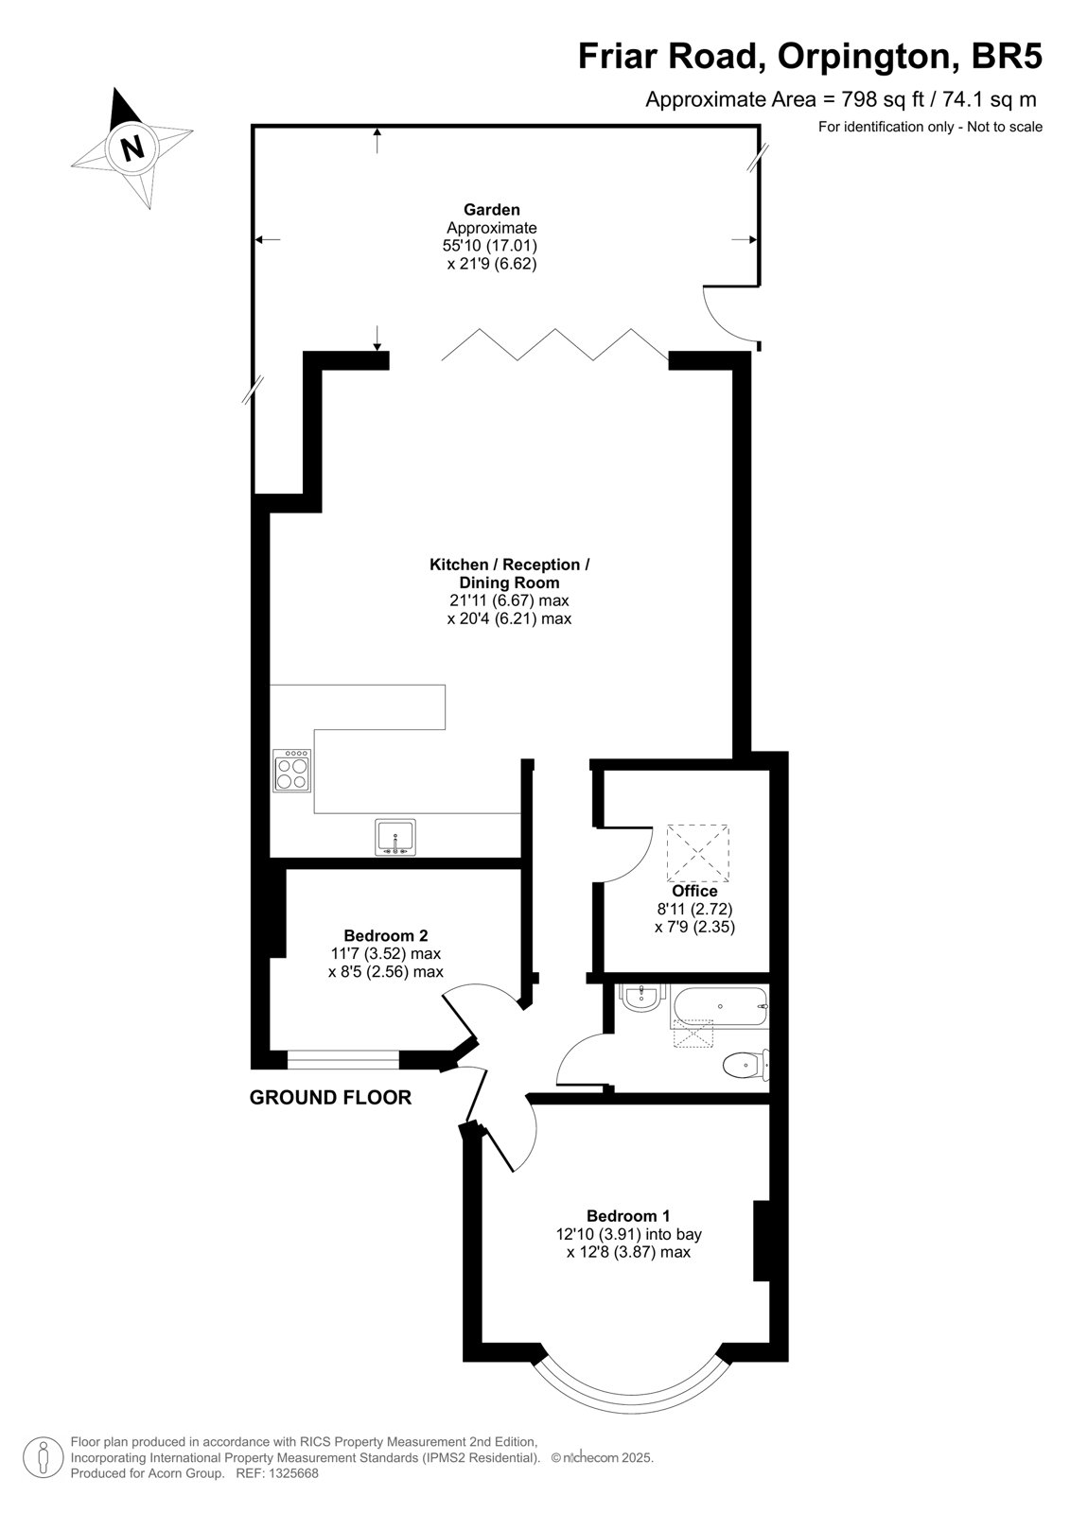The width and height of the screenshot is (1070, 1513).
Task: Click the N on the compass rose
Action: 133,147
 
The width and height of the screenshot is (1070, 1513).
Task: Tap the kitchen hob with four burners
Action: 292,770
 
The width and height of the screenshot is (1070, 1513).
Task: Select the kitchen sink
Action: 395,838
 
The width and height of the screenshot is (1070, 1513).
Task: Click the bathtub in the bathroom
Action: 719,1008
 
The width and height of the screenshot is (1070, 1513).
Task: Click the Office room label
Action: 694,891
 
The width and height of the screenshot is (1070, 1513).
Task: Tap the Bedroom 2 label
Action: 385,935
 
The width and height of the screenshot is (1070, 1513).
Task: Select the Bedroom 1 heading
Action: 628,1216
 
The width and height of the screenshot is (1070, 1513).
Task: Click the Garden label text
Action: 491,209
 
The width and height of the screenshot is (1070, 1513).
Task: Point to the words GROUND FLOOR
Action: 330,1098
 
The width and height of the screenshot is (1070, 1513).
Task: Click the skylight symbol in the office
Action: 697,853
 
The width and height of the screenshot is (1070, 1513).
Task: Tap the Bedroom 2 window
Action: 342,1060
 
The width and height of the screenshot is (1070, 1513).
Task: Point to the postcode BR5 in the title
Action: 1007,56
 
